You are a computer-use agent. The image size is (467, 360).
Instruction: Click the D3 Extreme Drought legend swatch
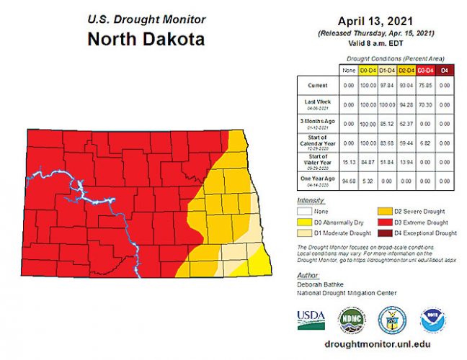[384, 222]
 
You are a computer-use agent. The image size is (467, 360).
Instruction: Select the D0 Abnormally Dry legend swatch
[303, 222]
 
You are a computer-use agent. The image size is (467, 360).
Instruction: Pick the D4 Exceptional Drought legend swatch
[384, 233]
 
